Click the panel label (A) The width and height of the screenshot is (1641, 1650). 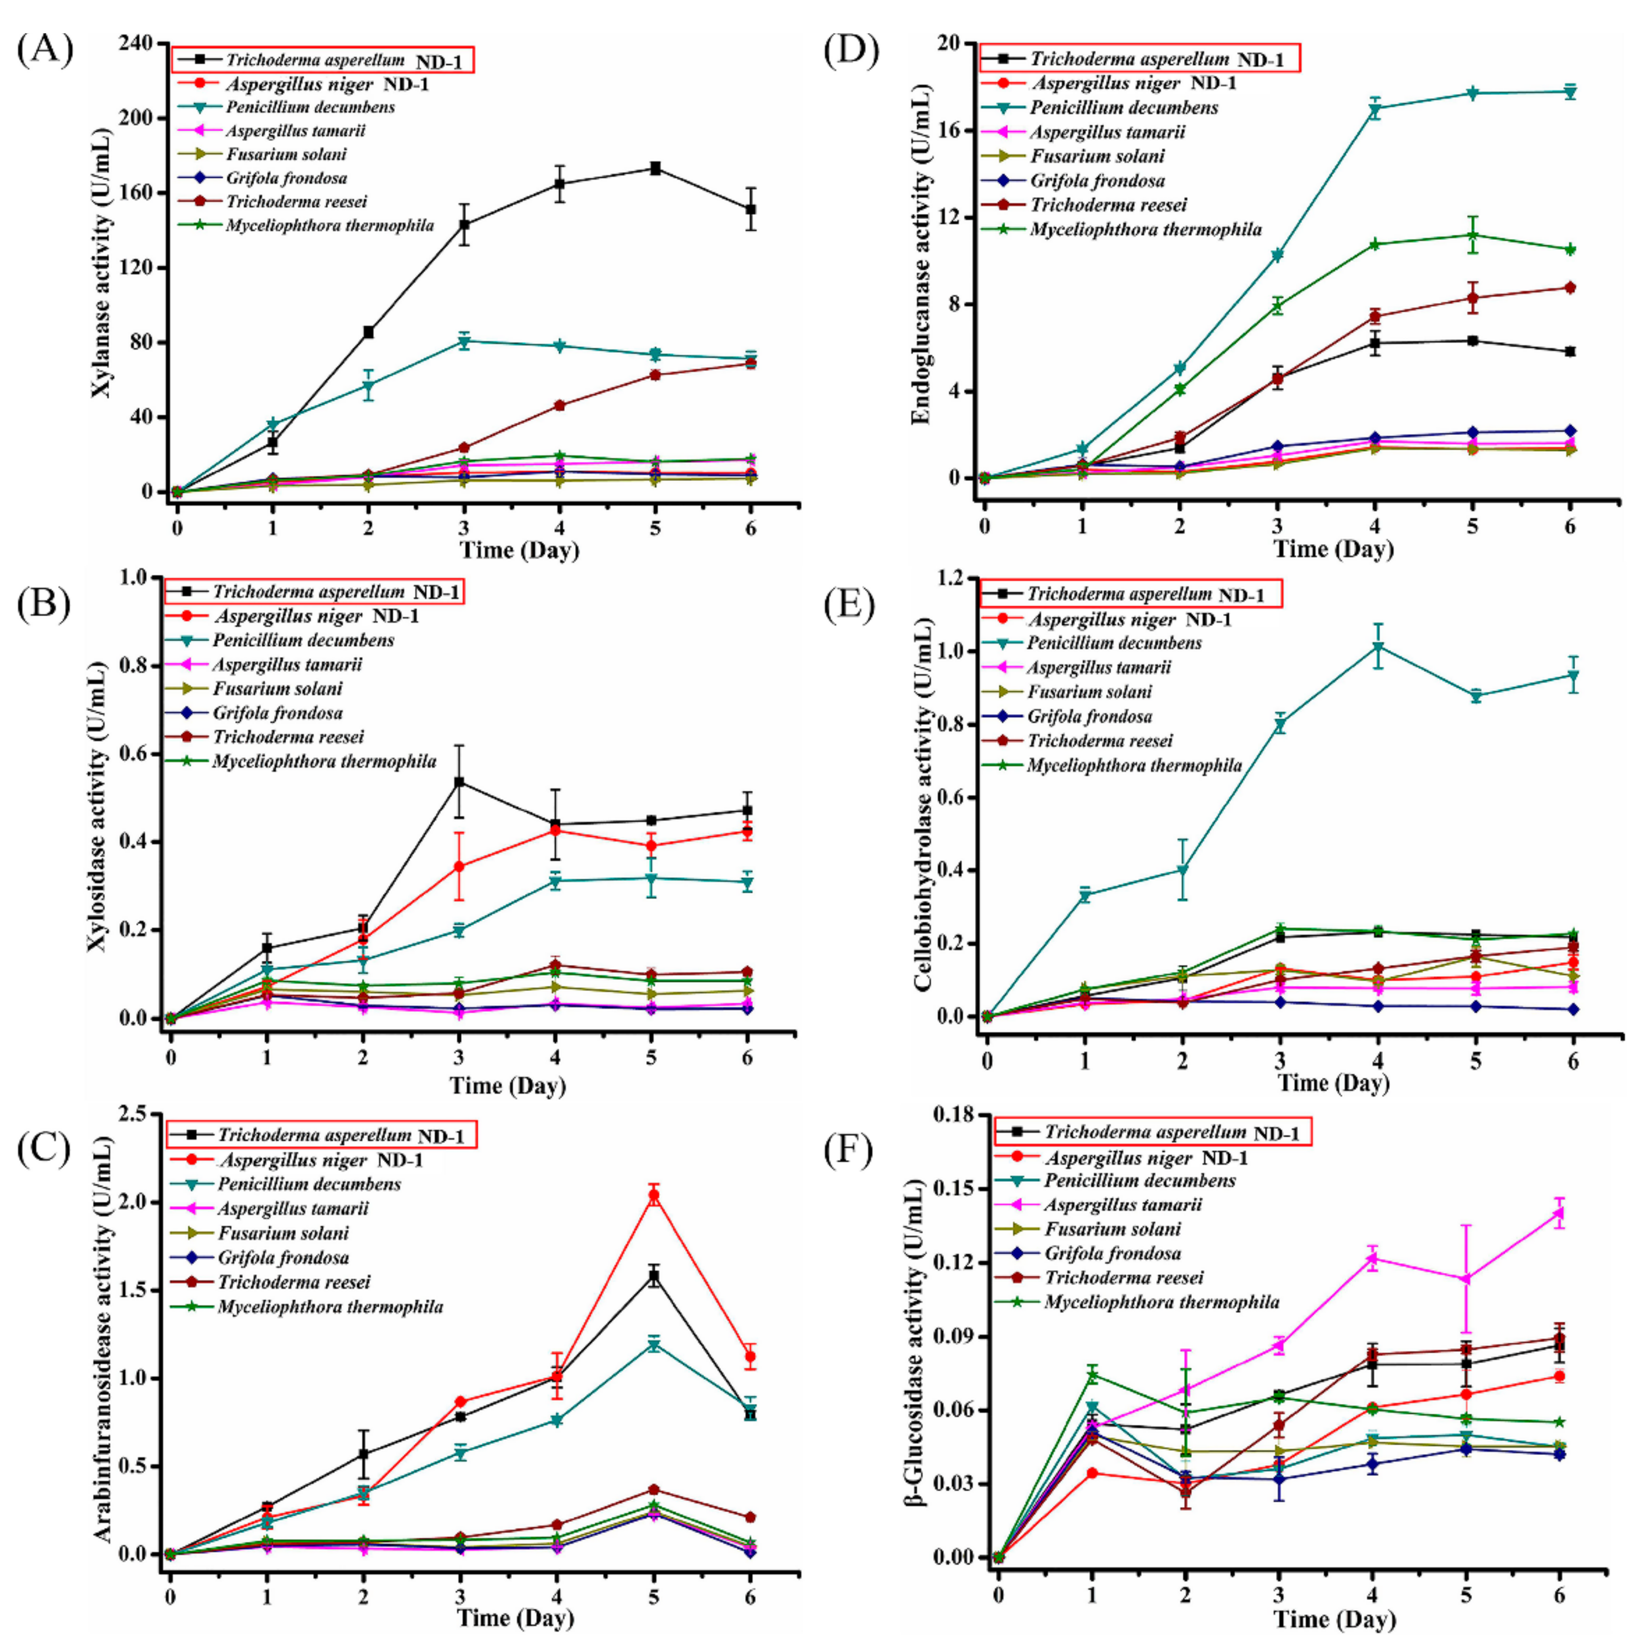click(x=44, y=50)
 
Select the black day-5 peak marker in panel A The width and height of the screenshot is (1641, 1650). click(x=655, y=168)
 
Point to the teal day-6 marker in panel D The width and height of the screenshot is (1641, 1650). click(x=1569, y=92)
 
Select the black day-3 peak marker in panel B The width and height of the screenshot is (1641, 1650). click(x=459, y=782)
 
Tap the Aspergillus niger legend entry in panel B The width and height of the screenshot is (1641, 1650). click(x=316, y=616)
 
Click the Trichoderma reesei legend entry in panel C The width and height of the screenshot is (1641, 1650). click(x=294, y=1282)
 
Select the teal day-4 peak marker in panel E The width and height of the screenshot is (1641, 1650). click(x=1377, y=646)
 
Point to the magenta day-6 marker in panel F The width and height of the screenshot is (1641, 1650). click(x=1559, y=1212)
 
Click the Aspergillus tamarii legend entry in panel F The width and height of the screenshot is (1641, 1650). click(x=1122, y=1205)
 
